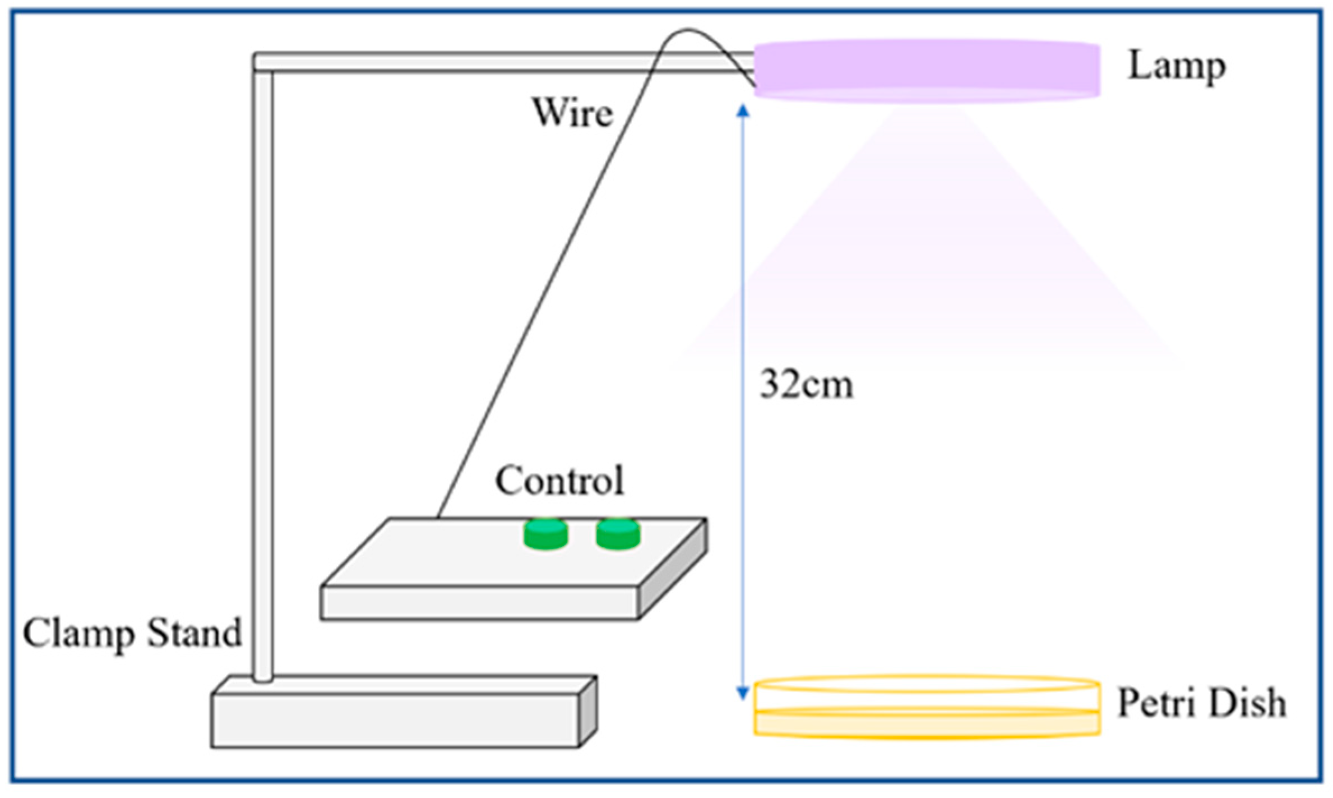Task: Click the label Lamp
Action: (1176, 66)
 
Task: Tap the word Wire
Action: (572, 113)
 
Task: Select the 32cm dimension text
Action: (806, 385)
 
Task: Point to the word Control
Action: (559, 481)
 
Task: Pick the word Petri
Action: (1158, 702)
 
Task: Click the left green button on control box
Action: (545, 533)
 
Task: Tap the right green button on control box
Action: (618, 533)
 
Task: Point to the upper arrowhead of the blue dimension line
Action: (743, 110)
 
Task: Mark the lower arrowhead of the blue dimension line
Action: (743, 693)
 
